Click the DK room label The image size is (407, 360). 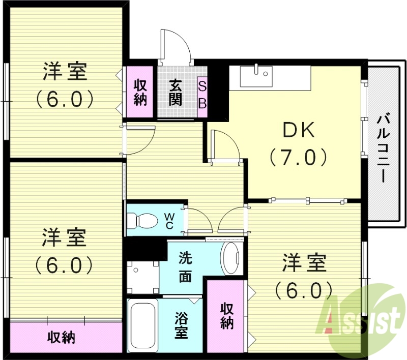pos(299,131)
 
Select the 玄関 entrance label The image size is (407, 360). pos(176,92)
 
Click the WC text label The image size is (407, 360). pos(168,220)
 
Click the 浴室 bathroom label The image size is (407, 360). pos(182,325)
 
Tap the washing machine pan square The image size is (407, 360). pos(142,277)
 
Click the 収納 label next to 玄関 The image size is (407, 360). pos(140,92)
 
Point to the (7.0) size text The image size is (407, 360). pos(299,158)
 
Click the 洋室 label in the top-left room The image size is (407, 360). pos(65,72)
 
